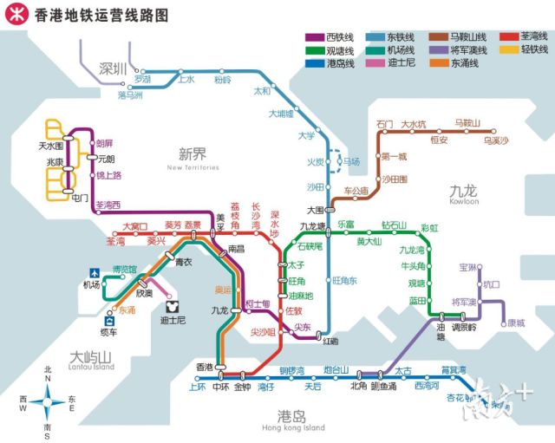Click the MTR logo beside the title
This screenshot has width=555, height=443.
(x=16, y=16)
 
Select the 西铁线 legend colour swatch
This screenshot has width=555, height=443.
(x=317, y=38)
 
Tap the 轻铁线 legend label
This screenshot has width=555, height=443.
(x=533, y=50)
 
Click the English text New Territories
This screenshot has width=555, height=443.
(x=193, y=168)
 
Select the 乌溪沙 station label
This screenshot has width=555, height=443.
(x=496, y=140)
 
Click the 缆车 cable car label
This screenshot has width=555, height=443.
(x=108, y=332)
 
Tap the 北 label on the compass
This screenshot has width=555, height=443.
(x=48, y=368)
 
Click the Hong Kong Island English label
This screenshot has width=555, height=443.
(x=291, y=428)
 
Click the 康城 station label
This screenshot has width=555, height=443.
(x=515, y=323)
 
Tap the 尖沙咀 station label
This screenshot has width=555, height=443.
(x=262, y=332)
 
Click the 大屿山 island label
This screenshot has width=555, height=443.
(x=92, y=356)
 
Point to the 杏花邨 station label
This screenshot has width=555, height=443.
(x=460, y=398)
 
